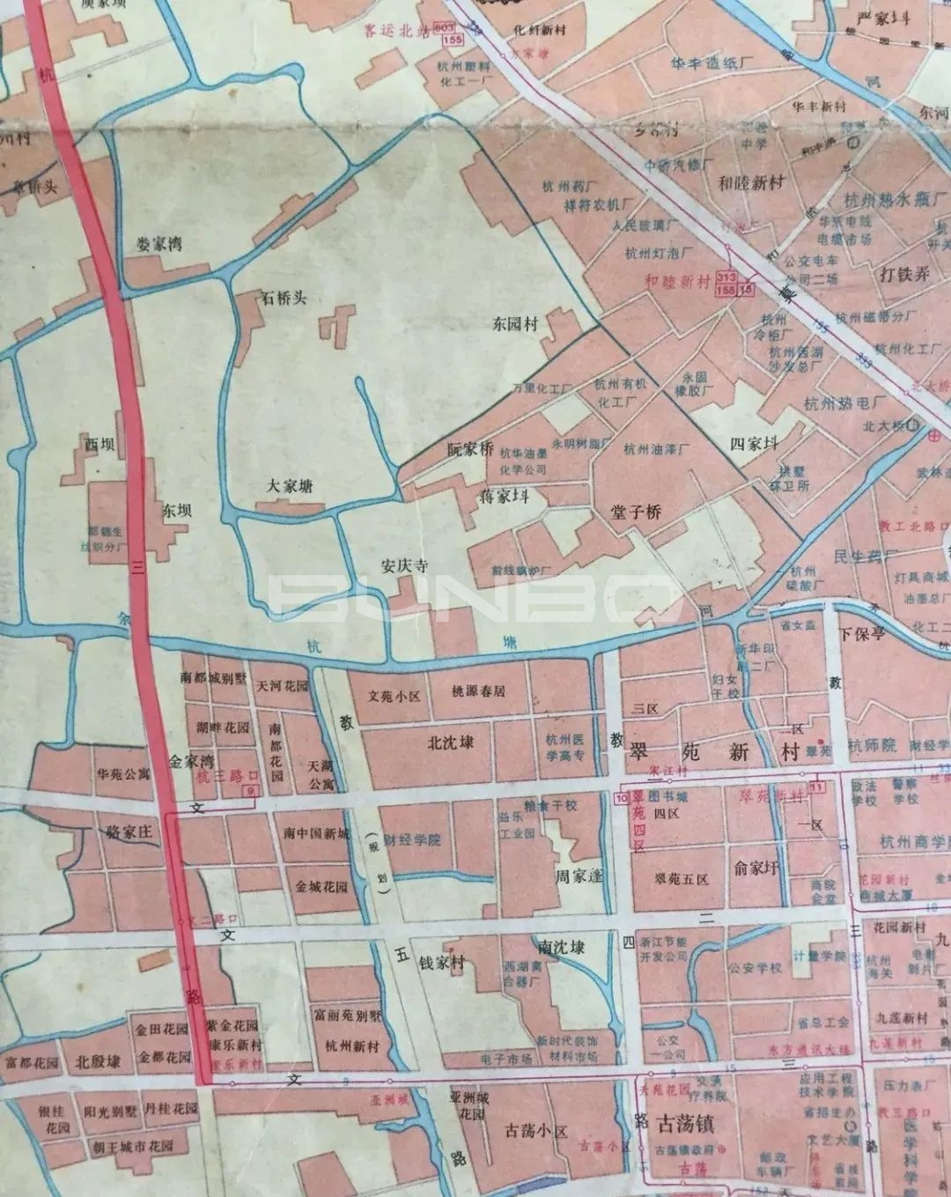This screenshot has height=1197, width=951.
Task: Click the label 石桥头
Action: click(x=283, y=298)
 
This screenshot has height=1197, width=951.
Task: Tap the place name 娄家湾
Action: click(x=159, y=244)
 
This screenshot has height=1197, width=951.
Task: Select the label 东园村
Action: click(x=515, y=324)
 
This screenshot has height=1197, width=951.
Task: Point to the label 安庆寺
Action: click(x=403, y=566)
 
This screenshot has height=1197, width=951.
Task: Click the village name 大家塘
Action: click(x=290, y=485)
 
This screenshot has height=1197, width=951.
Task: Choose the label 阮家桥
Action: click(x=470, y=449)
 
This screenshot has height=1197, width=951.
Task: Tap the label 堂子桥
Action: click(x=636, y=512)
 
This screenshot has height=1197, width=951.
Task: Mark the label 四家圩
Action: click(x=755, y=444)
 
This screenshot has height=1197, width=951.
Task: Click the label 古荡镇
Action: click(x=686, y=1124)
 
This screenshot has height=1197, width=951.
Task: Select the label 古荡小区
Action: click(x=537, y=1131)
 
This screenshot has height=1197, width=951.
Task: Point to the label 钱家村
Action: click(x=441, y=963)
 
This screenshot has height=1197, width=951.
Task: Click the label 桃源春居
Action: click(x=478, y=691)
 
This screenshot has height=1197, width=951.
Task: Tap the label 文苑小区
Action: click(x=394, y=696)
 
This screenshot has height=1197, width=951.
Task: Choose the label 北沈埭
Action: click(x=450, y=742)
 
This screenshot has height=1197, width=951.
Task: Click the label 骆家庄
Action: click(x=129, y=831)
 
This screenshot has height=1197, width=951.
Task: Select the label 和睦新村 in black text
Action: click(x=751, y=183)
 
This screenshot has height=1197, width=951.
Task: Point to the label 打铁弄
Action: click(x=904, y=274)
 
